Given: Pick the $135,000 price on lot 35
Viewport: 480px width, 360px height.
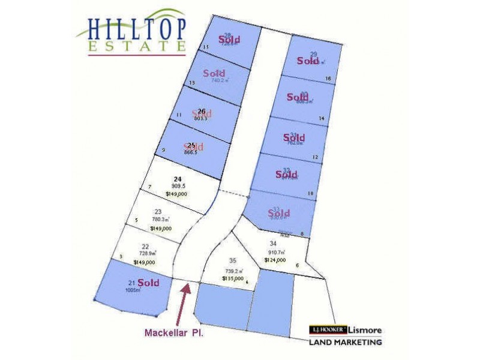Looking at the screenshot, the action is pos(233,278).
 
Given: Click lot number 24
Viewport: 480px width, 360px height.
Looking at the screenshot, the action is pos(177,179).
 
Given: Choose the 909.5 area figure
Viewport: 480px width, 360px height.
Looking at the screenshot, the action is pos(177,187).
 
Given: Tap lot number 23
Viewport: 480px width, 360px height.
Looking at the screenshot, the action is pos(158,211).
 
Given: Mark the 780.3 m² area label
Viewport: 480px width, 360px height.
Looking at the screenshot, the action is pos(160,219).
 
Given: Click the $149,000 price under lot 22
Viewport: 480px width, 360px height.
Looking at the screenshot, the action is pos(144,262).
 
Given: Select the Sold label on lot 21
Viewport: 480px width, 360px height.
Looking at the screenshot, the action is pos(148,282).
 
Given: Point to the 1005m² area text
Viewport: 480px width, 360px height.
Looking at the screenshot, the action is pos(133,290).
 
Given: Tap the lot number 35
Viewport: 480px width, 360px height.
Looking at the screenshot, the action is pos(232,260).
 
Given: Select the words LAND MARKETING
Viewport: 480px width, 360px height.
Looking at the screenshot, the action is pos(345,343).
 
